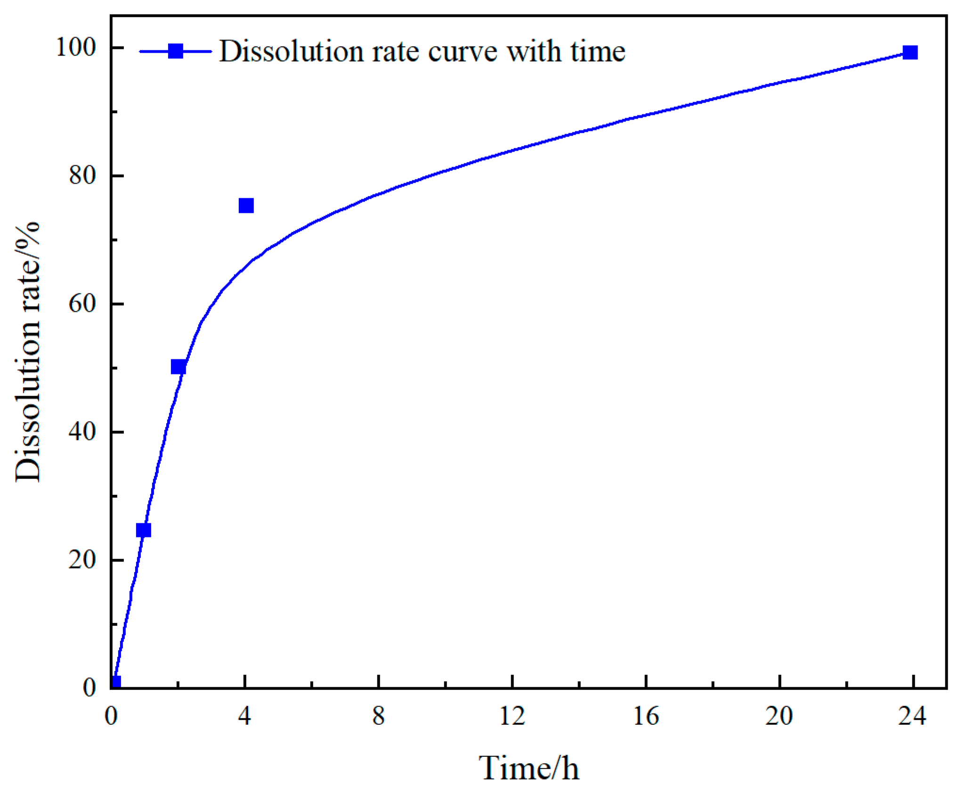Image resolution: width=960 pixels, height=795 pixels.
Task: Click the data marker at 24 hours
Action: (910, 52)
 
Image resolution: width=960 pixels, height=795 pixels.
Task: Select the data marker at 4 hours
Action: (246, 205)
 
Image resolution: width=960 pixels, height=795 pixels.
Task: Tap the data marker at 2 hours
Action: (178, 366)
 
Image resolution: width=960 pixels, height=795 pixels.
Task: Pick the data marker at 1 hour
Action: (144, 530)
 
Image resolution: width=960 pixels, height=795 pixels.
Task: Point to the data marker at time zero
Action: (116, 682)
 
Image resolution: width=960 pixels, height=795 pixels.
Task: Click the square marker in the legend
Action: (176, 51)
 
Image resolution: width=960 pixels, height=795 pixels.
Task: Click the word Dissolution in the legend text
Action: (291, 51)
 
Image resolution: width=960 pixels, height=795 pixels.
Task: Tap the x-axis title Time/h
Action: (529, 768)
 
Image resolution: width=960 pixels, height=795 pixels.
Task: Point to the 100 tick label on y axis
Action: (75, 47)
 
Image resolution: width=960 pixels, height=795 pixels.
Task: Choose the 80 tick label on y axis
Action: (82, 175)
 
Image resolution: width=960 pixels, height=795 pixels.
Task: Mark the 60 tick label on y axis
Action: (82, 303)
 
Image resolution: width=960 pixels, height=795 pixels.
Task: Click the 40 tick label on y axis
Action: (82, 431)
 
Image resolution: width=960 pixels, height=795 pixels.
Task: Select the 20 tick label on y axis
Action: (82, 560)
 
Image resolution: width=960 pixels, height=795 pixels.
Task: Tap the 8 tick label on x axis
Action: (378, 716)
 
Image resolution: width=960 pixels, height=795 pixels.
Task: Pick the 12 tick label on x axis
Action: (512, 716)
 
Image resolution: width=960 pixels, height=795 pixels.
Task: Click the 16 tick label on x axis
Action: (645, 716)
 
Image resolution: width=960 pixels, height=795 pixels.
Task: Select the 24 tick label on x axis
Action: (912, 716)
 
